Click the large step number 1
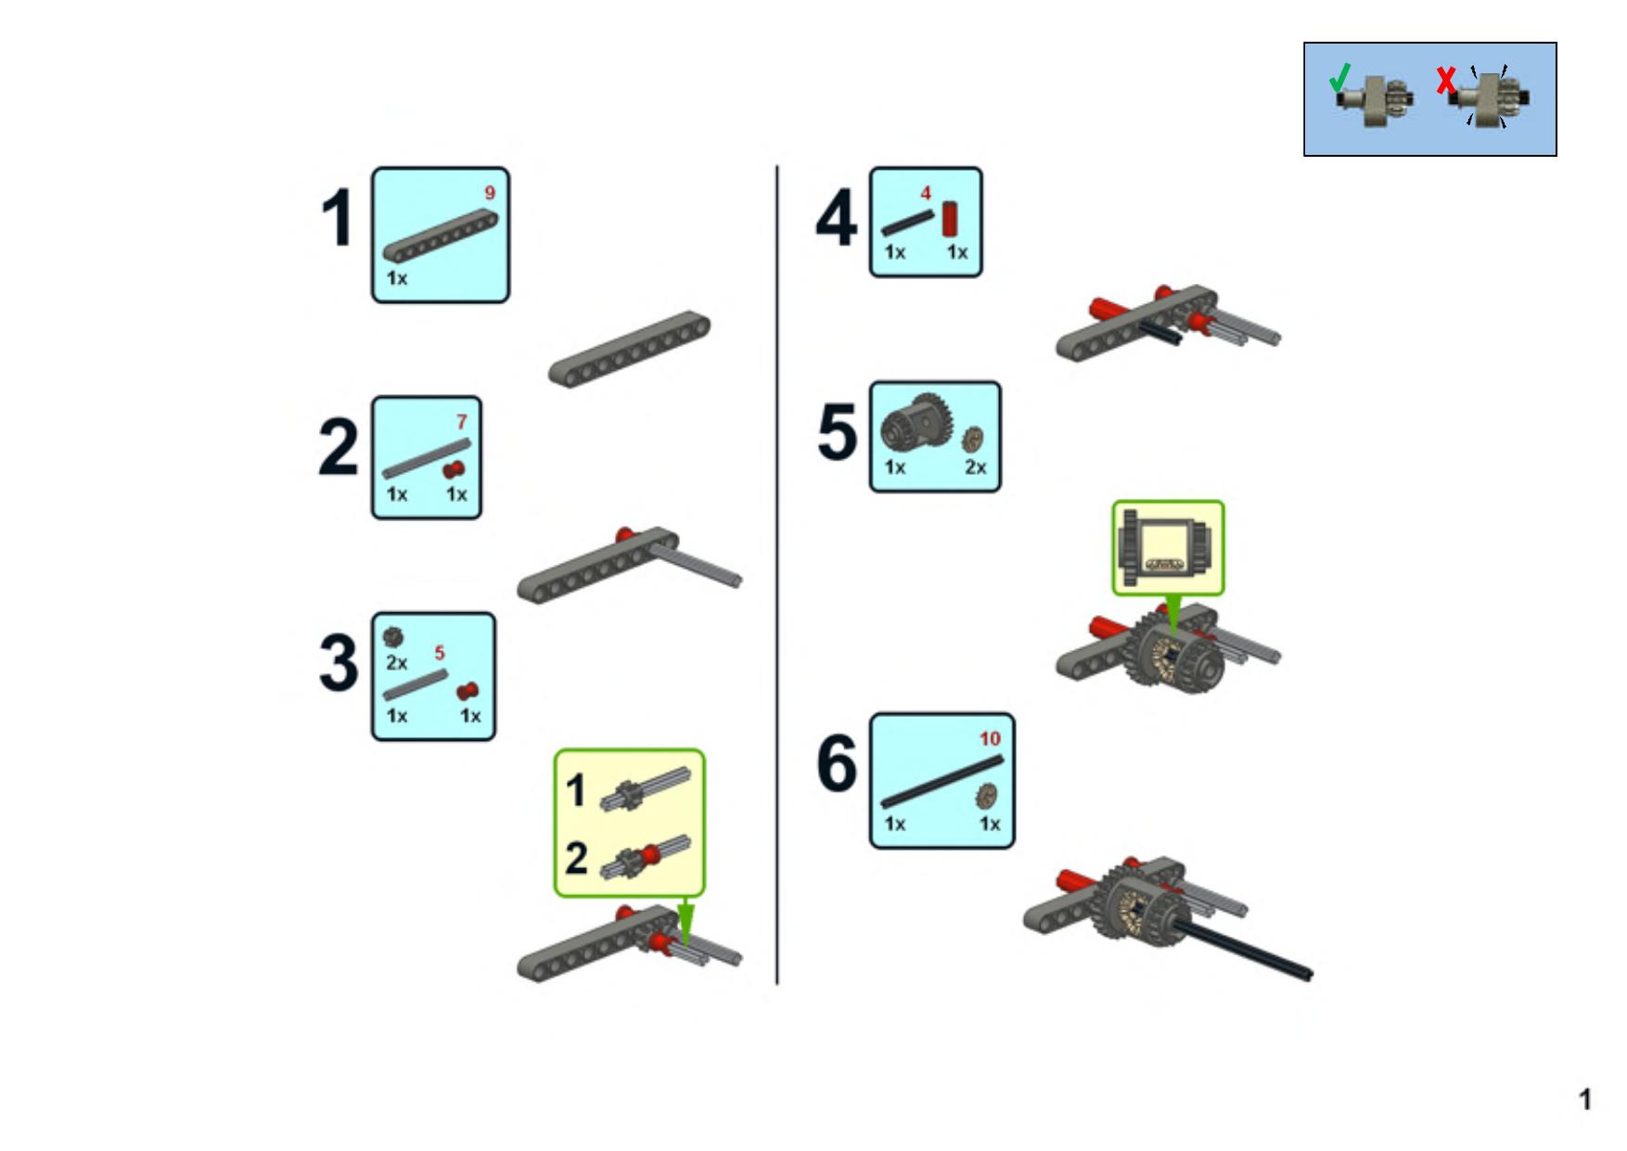coord(339,219)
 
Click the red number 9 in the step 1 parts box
coord(490,193)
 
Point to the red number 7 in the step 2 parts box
coord(462,422)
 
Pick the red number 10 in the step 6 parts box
coord(991,738)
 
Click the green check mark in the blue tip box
coord(1339,78)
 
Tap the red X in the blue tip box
coord(1445,81)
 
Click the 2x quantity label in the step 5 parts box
coord(976,467)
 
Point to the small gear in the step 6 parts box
coord(987,796)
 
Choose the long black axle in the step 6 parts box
coord(942,782)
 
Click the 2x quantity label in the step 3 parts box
coord(397,663)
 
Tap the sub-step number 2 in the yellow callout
coord(576,858)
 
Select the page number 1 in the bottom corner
coord(1585,1100)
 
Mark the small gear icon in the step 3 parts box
coord(393,637)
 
